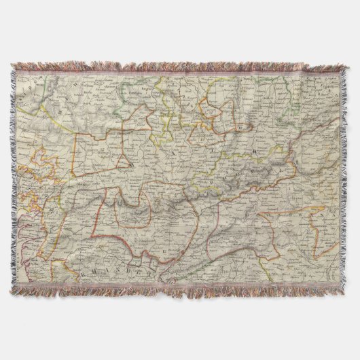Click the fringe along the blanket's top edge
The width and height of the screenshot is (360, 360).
[x=180, y=67]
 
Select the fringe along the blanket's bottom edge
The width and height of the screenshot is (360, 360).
[x=180, y=291]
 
